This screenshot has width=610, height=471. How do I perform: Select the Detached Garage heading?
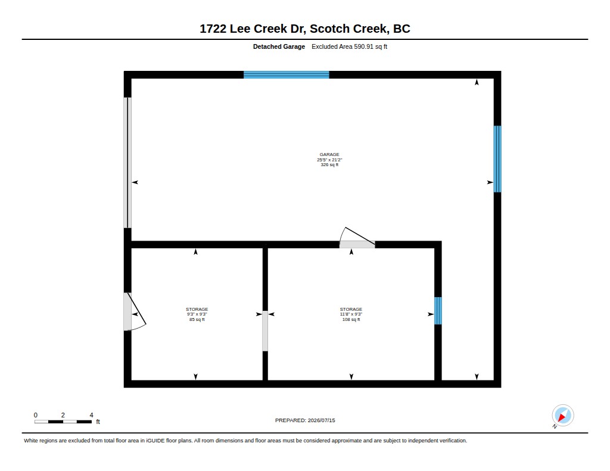coord(279,46)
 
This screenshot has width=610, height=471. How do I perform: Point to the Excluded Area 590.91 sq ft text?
coord(349,46)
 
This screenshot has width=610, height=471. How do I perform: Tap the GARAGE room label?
coord(329,154)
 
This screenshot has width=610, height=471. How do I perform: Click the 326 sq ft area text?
coord(329,165)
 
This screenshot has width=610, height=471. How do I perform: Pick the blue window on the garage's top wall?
coord(287,74)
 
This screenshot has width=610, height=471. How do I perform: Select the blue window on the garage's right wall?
coord(497,158)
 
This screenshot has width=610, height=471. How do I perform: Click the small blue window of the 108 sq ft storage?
coord(438,311)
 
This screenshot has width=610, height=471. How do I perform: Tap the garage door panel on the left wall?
coord(127,163)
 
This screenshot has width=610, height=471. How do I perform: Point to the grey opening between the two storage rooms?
coord(265,331)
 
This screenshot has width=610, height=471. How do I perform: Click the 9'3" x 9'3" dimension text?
coord(197,314)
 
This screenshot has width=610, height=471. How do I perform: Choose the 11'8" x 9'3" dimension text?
coord(351,314)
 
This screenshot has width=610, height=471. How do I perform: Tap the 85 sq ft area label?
coord(197,320)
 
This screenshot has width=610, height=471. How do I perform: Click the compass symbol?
coord(562,416)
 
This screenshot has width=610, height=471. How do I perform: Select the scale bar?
coord(63,422)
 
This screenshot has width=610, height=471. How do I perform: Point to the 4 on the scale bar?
coord(91,415)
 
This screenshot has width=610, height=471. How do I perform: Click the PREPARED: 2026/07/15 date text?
coord(305,420)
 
